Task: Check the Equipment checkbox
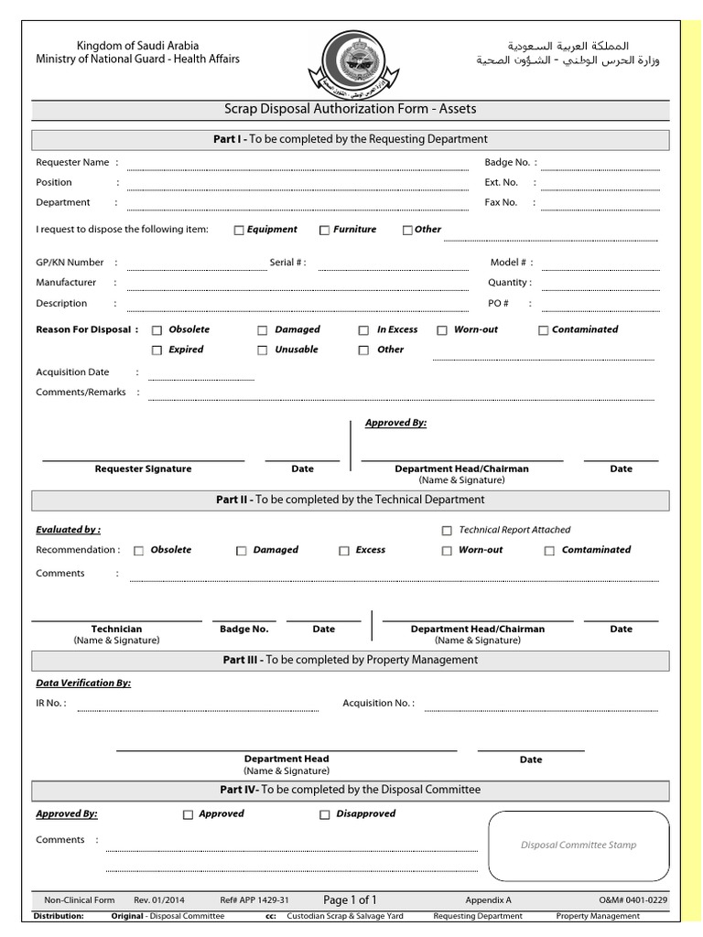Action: (239, 231)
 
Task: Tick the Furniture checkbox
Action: (324, 231)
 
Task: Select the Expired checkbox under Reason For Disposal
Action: (157, 350)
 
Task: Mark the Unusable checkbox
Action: (263, 350)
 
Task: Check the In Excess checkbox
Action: (363, 330)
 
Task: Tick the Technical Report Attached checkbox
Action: (447, 531)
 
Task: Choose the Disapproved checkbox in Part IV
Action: (324, 814)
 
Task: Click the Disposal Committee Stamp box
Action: (578, 845)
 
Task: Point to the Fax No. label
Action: (501, 202)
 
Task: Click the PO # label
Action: (499, 303)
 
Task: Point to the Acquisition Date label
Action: (72, 372)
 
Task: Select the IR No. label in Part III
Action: (50, 704)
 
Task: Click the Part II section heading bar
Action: (351, 501)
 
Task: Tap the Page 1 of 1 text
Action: (350, 899)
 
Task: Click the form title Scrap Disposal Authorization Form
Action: (351, 109)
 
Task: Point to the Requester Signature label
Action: (144, 468)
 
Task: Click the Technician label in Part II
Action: (116, 630)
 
